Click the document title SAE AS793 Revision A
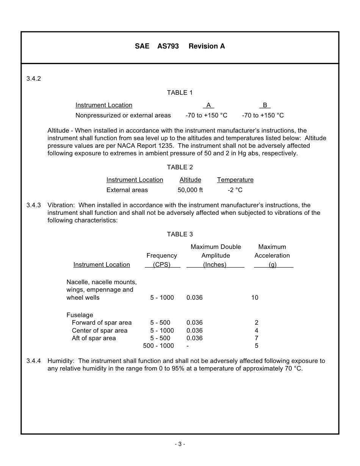(180, 46)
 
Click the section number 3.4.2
(33, 79)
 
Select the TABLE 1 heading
(180, 93)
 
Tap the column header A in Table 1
(208, 105)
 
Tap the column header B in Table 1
(265, 105)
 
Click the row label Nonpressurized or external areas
(123, 116)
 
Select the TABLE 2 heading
(180, 167)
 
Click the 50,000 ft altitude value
(190, 190)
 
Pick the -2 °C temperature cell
(235, 190)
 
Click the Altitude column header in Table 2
(190, 180)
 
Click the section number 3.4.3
(33, 205)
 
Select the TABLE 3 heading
(180, 235)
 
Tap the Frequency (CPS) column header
(162, 260)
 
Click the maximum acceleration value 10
(255, 298)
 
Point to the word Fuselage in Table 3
(80, 315)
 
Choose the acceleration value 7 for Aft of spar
(257, 338)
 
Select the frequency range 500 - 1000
(158, 346)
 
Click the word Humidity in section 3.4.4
(61, 361)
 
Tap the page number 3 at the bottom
(180, 444)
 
